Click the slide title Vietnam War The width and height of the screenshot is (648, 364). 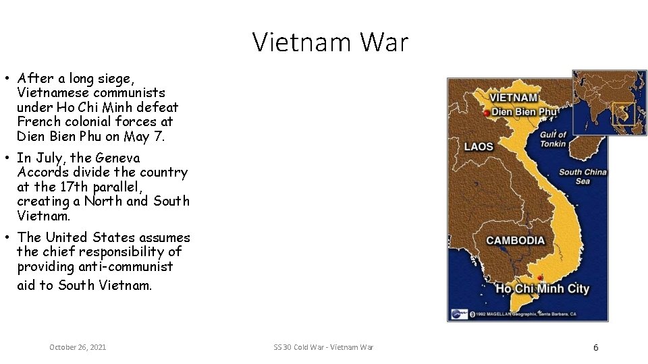(330, 42)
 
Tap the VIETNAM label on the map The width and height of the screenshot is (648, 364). (514, 98)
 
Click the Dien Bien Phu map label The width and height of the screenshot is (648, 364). (524, 112)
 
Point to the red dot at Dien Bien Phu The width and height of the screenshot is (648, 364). (487, 114)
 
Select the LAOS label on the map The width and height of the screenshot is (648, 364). (479, 146)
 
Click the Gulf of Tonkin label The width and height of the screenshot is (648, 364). (553, 139)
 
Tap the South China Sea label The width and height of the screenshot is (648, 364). (583, 177)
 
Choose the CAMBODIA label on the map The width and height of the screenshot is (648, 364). (515, 241)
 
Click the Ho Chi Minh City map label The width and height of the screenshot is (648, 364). (542, 289)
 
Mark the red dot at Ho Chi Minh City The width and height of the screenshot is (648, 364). (540, 278)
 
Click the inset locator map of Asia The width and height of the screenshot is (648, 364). (609, 102)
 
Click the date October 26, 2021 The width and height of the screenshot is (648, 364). (78, 347)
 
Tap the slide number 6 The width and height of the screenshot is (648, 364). (595, 348)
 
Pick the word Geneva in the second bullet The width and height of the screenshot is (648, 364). (117, 158)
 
